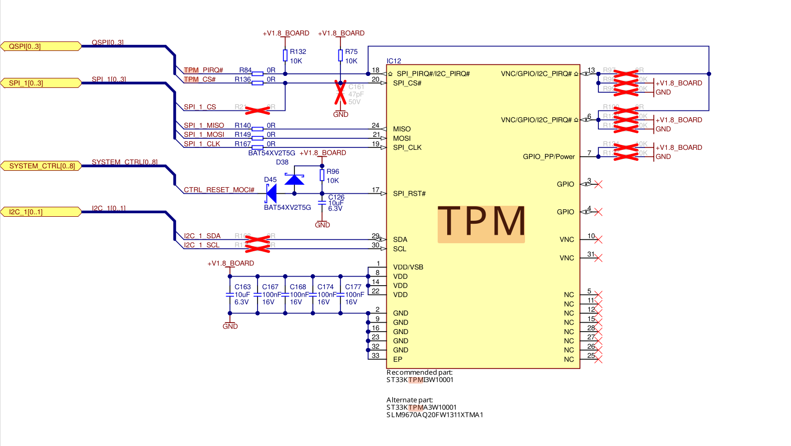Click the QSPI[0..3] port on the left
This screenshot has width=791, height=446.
41,46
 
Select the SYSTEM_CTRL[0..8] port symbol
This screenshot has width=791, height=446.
41,166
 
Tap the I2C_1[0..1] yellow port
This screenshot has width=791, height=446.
41,212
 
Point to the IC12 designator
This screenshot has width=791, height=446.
394,61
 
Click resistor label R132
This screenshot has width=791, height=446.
298,51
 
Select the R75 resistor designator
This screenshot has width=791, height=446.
351,51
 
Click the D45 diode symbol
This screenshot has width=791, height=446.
271,193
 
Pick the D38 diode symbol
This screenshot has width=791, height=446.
294,179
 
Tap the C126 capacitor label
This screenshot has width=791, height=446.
336,197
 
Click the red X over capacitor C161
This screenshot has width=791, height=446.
340,93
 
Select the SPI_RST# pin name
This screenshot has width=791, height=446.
409,194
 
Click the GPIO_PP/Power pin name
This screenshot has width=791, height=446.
548,157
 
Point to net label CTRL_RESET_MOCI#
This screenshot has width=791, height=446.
219,190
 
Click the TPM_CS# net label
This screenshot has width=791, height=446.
200,79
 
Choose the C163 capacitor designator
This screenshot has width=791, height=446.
243,287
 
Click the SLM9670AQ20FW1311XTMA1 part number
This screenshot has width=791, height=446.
435,415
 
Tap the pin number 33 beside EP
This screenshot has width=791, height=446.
375,356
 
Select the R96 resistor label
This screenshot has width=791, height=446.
333,171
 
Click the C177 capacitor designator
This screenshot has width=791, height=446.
353,287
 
